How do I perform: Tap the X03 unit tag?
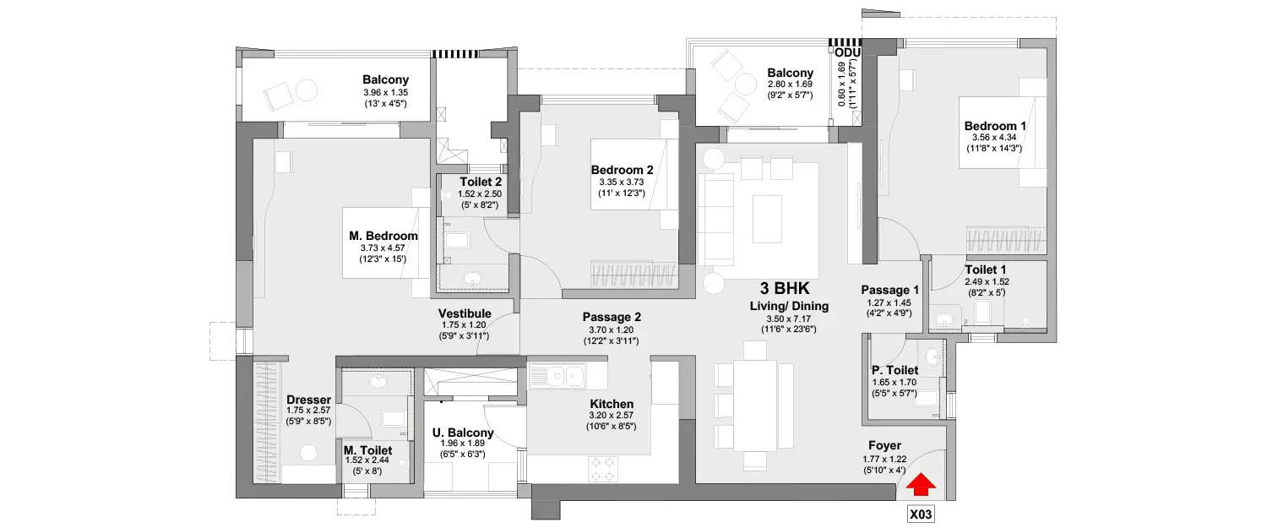pos(922,513)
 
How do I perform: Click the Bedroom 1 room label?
pos(995,127)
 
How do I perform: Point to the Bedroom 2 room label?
pos(622,170)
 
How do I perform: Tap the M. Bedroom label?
pos(383,236)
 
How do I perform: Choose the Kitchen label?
pos(612,404)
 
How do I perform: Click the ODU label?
pos(847,52)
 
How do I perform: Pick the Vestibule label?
pos(465,313)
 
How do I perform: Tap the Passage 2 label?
pos(612,317)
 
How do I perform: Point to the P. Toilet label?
pos(895,370)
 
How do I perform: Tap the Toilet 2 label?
pos(481,182)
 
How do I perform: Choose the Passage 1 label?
pos(890,290)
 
